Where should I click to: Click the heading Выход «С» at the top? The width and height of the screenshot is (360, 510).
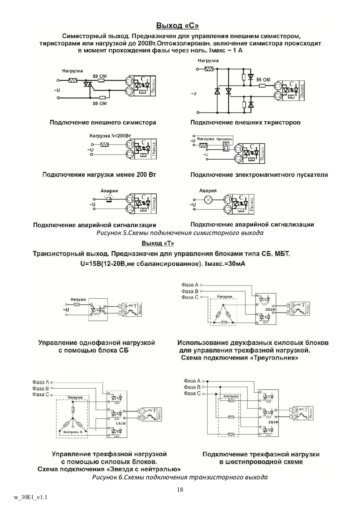[177, 26]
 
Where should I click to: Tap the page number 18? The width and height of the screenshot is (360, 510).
[180, 489]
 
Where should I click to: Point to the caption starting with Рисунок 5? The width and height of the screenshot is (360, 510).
[180, 233]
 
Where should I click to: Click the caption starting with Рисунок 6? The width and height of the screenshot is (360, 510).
[180, 477]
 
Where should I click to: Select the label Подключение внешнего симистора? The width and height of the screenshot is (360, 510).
[103, 122]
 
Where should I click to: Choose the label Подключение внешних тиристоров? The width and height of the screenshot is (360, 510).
[245, 122]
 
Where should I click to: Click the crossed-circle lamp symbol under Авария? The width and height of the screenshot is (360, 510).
[208, 200]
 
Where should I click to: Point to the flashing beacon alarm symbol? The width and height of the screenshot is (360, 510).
[108, 199]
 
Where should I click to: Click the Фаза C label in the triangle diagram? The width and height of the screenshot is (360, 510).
[190, 297]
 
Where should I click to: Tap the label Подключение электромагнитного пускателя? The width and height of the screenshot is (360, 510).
[259, 175]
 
